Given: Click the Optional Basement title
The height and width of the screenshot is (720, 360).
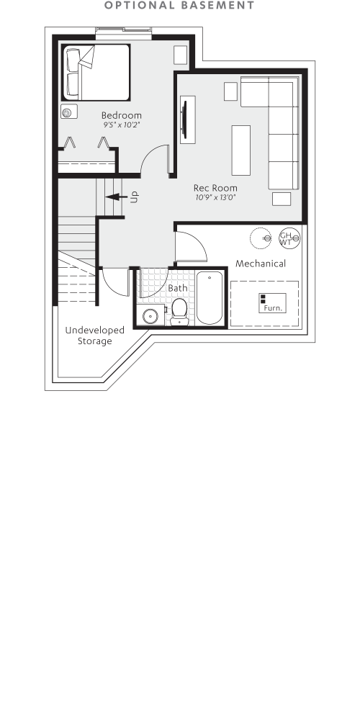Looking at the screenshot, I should [179, 6].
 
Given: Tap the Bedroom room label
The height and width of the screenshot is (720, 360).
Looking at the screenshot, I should [121, 115].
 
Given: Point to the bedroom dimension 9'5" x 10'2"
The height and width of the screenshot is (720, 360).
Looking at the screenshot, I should [121, 125].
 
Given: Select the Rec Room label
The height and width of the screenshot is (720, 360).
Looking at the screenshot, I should [215, 188].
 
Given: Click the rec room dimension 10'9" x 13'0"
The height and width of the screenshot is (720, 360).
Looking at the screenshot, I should [215, 197].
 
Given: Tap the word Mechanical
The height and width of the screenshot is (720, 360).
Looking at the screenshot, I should [261, 264].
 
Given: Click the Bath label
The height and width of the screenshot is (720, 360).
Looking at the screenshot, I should [177, 288].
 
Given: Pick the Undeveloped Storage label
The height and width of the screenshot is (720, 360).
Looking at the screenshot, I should [95, 336].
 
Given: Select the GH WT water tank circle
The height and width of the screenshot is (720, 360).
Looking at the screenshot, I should [287, 238].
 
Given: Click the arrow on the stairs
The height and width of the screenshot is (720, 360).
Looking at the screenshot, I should [115, 195].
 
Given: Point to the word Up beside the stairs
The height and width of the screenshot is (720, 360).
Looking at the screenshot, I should [134, 196].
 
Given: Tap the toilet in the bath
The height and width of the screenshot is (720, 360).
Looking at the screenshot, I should [179, 311].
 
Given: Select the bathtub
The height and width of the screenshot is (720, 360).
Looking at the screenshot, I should [211, 297].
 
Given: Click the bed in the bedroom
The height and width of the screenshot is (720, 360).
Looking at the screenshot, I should [95, 72].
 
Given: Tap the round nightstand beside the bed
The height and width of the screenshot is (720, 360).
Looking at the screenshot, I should [70, 112].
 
